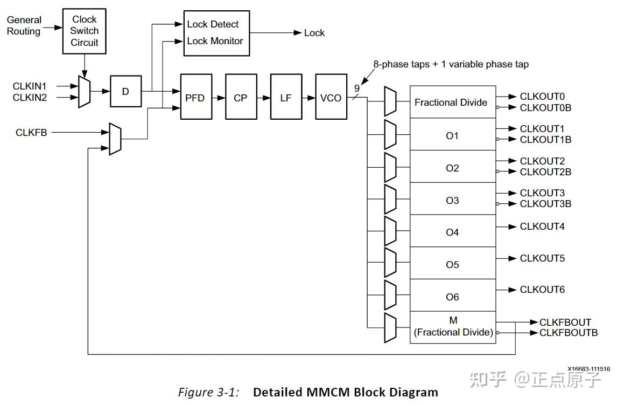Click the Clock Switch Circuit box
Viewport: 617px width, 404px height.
click(85, 31)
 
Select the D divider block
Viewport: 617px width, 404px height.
click(125, 92)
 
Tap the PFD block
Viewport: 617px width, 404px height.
click(195, 98)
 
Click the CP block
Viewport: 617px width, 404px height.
click(240, 98)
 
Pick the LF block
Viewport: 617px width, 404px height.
click(285, 98)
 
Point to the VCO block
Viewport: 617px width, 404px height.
click(331, 98)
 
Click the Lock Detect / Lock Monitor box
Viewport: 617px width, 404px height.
click(216, 33)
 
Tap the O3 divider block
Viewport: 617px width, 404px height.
click(452, 200)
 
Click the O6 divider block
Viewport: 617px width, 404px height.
click(452, 297)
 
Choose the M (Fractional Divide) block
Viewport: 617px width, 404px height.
click(452, 327)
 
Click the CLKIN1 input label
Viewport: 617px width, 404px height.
click(30, 86)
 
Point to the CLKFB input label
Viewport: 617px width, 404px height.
click(31, 132)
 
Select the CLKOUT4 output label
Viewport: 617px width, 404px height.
click(542, 227)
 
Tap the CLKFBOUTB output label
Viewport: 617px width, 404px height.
click(569, 333)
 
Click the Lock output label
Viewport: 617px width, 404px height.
click(314, 33)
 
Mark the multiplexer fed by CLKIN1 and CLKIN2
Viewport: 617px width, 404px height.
click(84, 92)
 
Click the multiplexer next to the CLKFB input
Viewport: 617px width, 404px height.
click(115, 139)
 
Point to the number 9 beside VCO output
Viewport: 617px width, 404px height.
click(356, 88)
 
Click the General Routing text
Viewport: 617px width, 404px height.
click(24, 26)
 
